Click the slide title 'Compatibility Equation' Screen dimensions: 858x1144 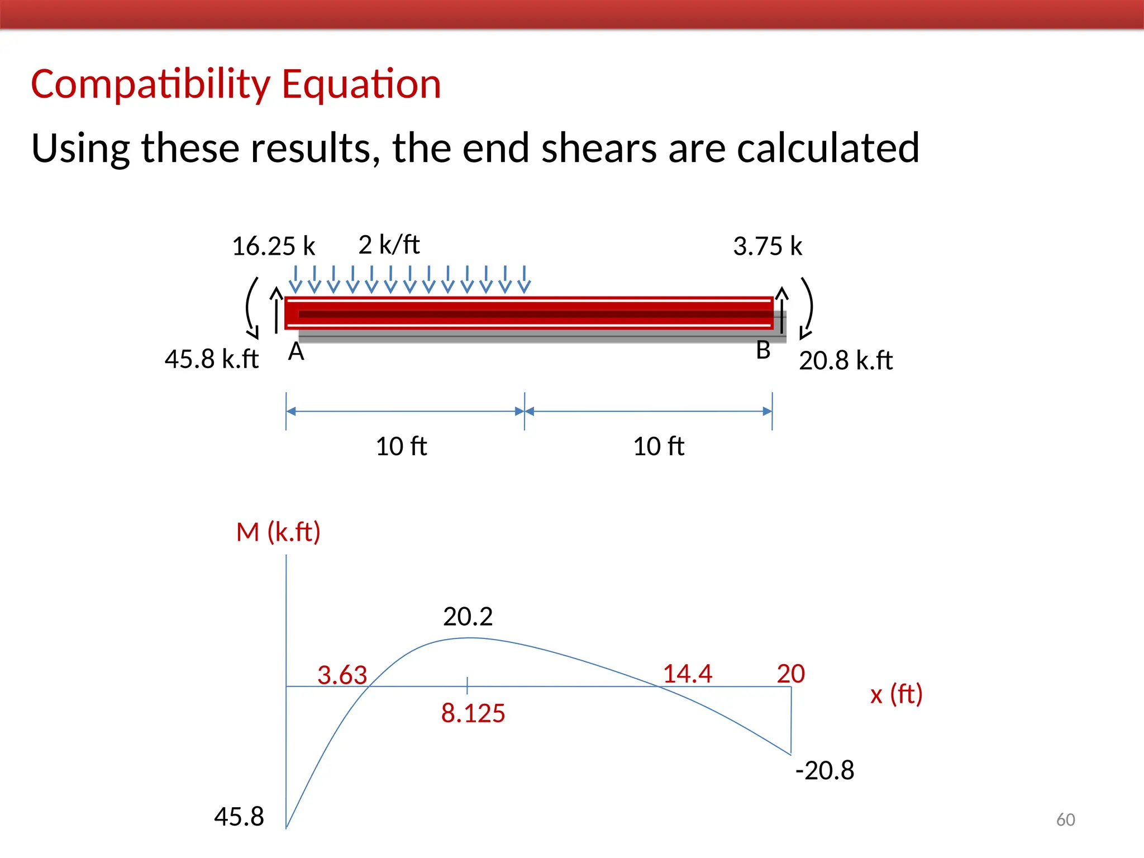click(236, 84)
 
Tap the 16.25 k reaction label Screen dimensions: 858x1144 click(273, 246)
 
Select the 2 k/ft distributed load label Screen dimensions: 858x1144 click(389, 245)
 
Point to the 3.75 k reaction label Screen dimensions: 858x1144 click(768, 246)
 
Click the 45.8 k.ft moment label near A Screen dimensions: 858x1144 click(211, 359)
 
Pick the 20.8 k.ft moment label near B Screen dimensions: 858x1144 click(846, 361)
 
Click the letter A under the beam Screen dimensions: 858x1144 click(296, 352)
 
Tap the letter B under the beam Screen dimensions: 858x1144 click(763, 351)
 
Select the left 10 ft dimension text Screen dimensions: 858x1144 click(401, 446)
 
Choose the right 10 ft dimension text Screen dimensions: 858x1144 click(659, 446)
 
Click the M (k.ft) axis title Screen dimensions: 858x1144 click(278, 532)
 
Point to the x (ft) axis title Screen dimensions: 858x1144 click(896, 694)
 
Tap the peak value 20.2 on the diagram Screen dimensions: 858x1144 click(468, 617)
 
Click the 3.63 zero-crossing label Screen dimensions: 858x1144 click(342, 675)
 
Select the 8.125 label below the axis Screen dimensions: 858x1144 click(473, 713)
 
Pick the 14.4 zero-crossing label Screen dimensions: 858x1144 click(687, 674)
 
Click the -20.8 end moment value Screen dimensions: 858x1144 click(824, 770)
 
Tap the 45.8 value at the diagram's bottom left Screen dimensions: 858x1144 click(239, 817)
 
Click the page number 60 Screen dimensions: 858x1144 click(1065, 819)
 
